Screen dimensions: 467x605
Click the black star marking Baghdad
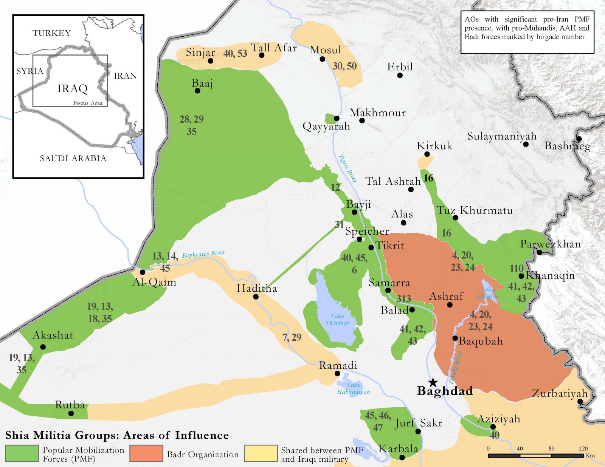(x=433, y=382)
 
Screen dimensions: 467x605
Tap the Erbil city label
(x=400, y=67)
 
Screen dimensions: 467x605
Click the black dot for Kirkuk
(x=427, y=154)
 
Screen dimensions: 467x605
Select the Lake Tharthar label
(x=338, y=320)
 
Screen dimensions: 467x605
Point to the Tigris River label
(x=347, y=169)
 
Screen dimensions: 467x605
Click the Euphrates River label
(x=203, y=254)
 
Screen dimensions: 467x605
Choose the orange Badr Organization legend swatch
(x=146, y=453)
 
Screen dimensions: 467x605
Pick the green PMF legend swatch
(x=22, y=453)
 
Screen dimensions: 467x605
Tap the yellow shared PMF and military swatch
(x=261, y=453)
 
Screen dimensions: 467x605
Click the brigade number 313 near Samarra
(x=404, y=299)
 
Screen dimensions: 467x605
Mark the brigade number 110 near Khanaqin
(x=517, y=269)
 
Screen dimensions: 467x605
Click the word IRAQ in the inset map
(x=72, y=89)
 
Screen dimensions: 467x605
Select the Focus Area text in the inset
(x=88, y=103)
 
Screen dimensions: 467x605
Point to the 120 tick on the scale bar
(x=583, y=449)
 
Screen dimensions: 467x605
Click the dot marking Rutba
(x=71, y=414)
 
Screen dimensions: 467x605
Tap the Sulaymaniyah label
(x=502, y=136)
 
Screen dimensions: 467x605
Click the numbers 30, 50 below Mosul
(x=344, y=66)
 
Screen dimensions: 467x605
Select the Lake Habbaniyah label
(x=353, y=388)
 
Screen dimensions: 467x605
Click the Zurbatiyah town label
(x=560, y=394)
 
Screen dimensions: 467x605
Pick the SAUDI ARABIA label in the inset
(x=73, y=159)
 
